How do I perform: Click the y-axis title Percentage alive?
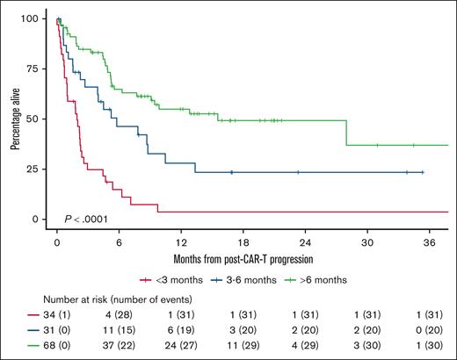15,118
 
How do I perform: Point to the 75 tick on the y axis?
36,68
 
